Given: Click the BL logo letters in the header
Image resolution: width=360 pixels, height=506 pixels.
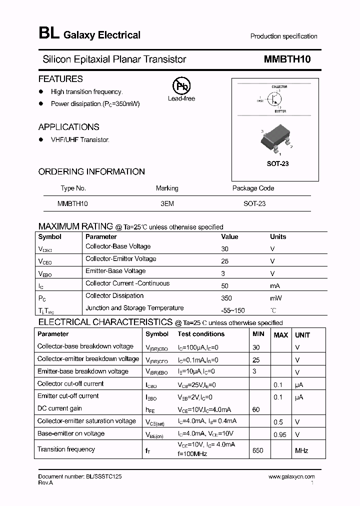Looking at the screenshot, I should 48,34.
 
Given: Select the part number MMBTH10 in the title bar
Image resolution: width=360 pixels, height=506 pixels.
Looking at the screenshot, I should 287,59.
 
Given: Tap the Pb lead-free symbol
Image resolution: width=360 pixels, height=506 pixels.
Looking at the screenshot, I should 181,86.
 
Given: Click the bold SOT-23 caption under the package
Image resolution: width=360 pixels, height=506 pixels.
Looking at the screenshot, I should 277,163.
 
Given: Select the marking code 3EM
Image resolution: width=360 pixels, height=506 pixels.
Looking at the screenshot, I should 167,204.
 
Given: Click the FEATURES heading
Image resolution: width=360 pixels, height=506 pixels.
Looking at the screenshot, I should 60,79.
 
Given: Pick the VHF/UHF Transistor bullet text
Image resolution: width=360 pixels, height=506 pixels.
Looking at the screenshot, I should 80,140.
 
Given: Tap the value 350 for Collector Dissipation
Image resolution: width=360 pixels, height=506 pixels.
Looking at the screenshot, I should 226,298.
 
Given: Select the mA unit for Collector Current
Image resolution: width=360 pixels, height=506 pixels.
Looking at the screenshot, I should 275,285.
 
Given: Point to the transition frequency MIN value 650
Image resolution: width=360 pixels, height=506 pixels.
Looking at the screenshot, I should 257,450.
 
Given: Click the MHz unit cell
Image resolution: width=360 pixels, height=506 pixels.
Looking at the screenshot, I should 301,450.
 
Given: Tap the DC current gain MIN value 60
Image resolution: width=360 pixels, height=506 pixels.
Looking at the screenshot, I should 256,409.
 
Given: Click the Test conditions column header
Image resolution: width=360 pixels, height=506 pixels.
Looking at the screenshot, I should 201,334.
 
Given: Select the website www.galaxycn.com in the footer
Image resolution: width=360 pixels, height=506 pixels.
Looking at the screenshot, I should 291,477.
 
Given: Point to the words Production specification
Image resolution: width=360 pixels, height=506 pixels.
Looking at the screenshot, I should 283,36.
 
